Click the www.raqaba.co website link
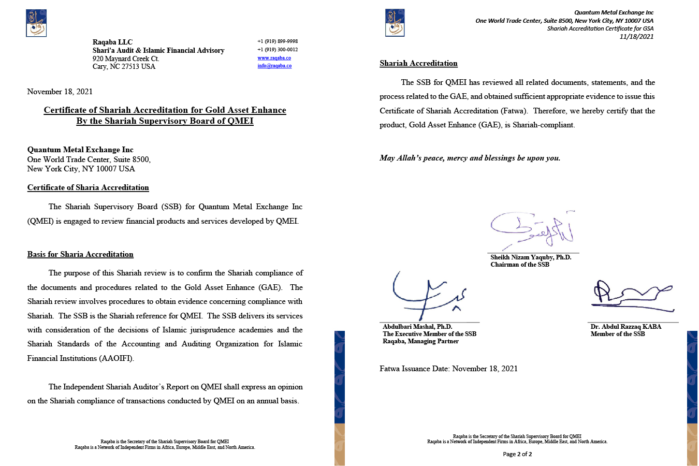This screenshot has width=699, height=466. click(x=274, y=58)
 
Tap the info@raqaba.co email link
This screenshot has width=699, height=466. click(x=274, y=66)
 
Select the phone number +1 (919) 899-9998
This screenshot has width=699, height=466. click(x=278, y=41)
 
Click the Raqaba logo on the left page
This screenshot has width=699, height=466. click(x=36, y=23)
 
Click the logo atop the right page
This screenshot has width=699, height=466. click(x=395, y=23)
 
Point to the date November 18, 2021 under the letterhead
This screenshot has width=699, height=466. click(x=60, y=92)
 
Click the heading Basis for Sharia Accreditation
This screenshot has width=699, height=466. click(x=80, y=254)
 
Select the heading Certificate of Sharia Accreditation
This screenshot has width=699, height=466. click(x=88, y=187)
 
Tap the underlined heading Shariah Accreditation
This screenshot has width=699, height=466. click(x=418, y=63)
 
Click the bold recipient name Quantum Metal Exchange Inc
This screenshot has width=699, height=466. click(x=80, y=150)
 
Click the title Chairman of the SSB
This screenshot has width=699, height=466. click(x=520, y=265)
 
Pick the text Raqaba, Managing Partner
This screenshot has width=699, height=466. click(x=420, y=341)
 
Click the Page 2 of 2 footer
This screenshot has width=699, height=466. click(x=517, y=454)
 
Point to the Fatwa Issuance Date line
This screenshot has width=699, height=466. click(x=448, y=369)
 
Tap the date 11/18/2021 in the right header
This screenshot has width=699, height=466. click(x=636, y=36)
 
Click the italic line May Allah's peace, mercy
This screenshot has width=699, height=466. click(x=470, y=158)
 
